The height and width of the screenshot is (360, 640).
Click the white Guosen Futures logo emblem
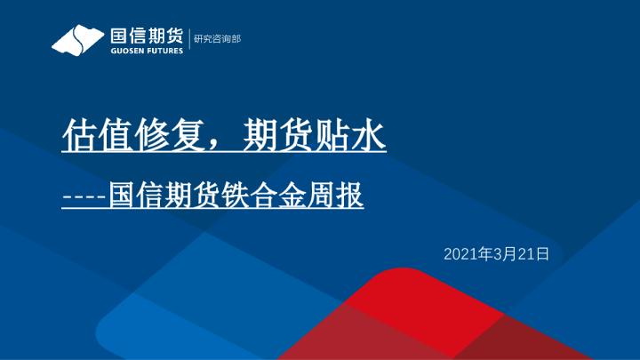coord(79,40)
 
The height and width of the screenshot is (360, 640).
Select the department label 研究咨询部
coord(217,40)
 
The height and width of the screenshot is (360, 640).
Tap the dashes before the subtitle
coord(84,196)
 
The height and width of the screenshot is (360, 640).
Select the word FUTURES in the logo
coord(164,51)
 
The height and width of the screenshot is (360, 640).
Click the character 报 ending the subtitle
coord(352,195)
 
